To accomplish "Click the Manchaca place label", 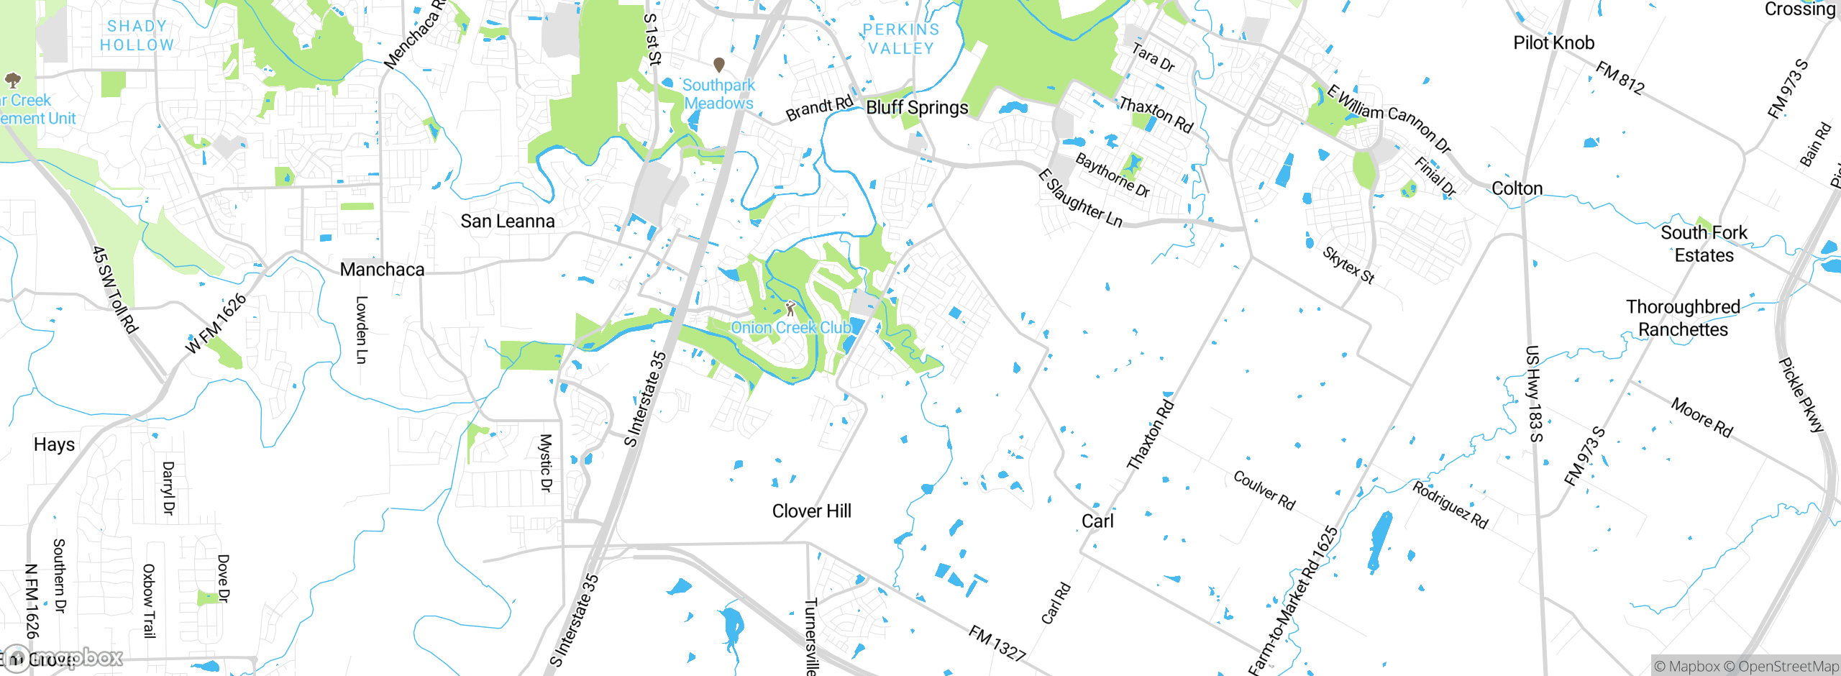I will pyautogui.click(x=382, y=270).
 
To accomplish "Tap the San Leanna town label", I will pyautogui.click(x=508, y=221).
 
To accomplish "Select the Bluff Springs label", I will pyautogui.click(x=917, y=108).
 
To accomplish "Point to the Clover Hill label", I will pyautogui.click(x=811, y=511).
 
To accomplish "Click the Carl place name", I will pyautogui.click(x=1097, y=521).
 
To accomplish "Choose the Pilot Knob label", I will pyautogui.click(x=1553, y=43).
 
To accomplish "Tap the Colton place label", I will pyautogui.click(x=1517, y=188).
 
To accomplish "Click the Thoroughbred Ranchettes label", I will pyautogui.click(x=1683, y=318).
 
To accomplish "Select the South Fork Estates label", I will pyautogui.click(x=1704, y=244).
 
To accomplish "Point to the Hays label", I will pyautogui.click(x=54, y=444).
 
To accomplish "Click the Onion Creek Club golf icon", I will pyautogui.click(x=790, y=309).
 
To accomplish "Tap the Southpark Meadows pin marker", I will pyautogui.click(x=718, y=65).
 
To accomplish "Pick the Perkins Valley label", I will pyautogui.click(x=900, y=39).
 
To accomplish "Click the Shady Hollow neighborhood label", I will pyautogui.click(x=137, y=35).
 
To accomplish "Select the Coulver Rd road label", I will pyautogui.click(x=1264, y=490).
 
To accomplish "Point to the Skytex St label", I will pyautogui.click(x=1348, y=265).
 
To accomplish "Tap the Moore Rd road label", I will pyautogui.click(x=1701, y=417).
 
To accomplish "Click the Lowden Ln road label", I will pyautogui.click(x=362, y=330).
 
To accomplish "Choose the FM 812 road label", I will pyautogui.click(x=1620, y=78).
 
